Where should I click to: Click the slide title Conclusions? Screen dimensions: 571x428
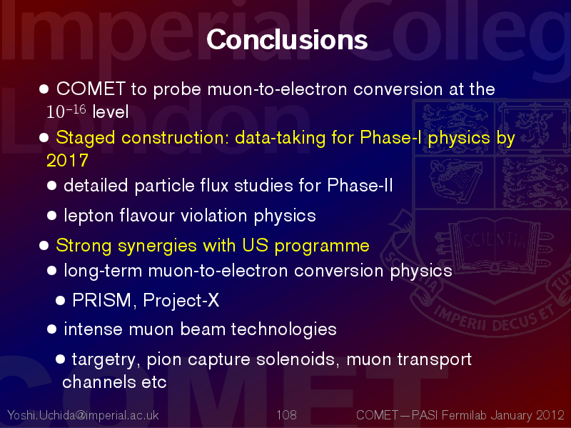tap(287, 39)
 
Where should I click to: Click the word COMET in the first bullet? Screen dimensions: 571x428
tap(91, 89)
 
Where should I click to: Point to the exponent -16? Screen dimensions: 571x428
tap(77, 109)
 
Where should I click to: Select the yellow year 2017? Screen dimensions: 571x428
tap(67, 160)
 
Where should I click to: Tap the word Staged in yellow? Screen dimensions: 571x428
tap(86, 139)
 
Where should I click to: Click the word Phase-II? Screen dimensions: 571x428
tap(360, 185)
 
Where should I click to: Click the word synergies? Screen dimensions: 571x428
tap(157, 246)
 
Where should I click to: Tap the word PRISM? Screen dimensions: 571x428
tap(101, 300)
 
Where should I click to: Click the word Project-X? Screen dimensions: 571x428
tap(181, 301)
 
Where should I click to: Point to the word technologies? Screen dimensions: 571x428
tap(283, 330)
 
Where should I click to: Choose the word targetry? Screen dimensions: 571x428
tap(103, 360)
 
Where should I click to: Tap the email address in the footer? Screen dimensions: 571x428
tap(83, 415)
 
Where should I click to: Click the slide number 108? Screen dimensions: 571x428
tap(286, 415)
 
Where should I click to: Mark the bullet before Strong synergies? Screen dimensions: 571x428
tap(44, 245)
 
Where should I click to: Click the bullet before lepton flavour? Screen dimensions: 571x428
tap(51, 216)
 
